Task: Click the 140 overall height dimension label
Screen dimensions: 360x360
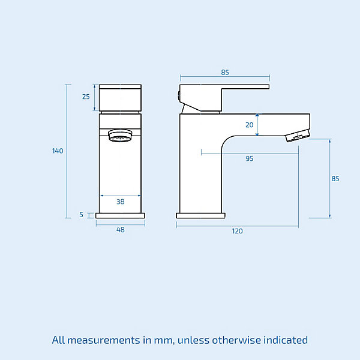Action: click(58, 151)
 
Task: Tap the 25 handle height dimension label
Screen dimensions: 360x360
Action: click(86, 97)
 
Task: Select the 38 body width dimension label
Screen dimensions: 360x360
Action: click(121, 202)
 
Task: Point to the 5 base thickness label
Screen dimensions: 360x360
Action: click(81, 215)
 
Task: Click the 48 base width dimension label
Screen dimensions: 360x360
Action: click(121, 230)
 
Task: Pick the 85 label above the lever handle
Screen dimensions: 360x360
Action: click(225, 73)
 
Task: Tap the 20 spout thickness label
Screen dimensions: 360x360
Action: click(250, 125)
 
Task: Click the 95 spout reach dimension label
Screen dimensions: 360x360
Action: click(250, 158)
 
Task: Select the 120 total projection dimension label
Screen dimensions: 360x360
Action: click(237, 231)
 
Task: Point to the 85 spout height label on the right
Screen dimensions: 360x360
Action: click(335, 179)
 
